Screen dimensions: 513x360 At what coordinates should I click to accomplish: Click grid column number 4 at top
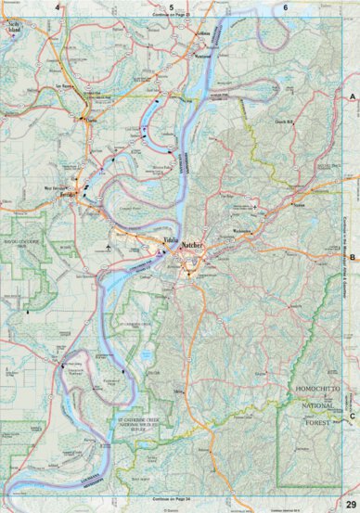click(58, 7)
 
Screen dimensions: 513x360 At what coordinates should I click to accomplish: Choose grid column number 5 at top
click(172, 7)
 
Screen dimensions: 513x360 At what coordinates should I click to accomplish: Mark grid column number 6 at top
click(286, 7)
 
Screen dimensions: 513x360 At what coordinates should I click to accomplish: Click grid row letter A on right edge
click(353, 96)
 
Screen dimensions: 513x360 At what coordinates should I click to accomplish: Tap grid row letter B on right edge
click(353, 237)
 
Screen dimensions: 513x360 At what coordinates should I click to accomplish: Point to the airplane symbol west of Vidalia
click(109, 248)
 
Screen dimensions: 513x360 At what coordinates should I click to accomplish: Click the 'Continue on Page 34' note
click(172, 498)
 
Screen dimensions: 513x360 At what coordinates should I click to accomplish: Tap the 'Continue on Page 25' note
click(172, 16)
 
